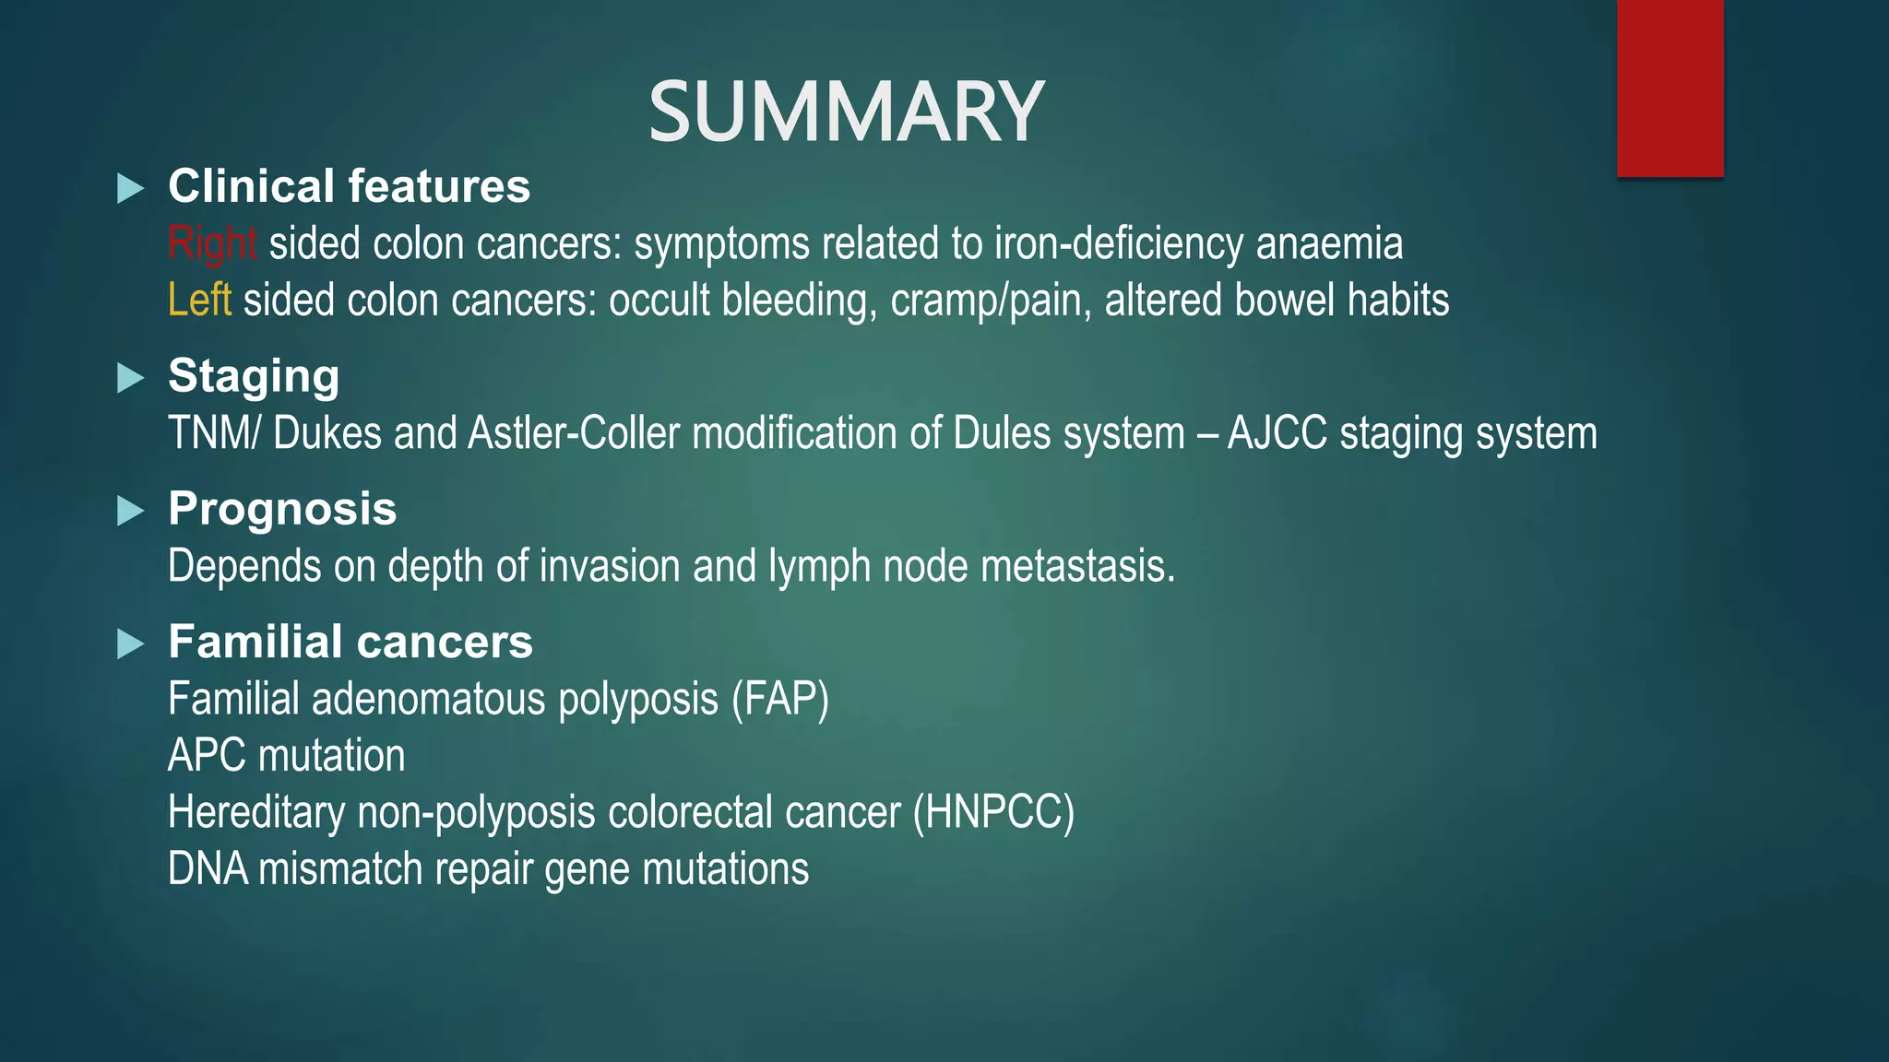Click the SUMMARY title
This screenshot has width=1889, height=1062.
tap(846, 112)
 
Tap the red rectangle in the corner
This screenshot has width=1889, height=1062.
tap(1669, 88)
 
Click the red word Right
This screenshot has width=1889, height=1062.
tap(212, 244)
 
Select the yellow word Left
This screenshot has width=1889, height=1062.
tap(199, 301)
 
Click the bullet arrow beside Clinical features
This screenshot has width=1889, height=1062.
tap(131, 189)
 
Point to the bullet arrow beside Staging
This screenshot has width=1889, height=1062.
tap(131, 378)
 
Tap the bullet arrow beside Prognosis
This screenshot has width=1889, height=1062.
tap(131, 511)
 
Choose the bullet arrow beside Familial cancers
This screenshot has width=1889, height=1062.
tap(131, 643)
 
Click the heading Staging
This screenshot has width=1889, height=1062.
tap(254, 376)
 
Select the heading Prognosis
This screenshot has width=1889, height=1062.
tap(282, 509)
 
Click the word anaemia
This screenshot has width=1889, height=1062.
tap(1329, 244)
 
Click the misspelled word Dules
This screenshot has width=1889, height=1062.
tap(1002, 433)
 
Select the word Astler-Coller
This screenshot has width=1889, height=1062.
tap(574, 433)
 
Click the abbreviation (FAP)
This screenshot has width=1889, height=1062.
tap(780, 699)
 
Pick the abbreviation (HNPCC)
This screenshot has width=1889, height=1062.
tap(993, 813)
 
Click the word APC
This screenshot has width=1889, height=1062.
tap(208, 756)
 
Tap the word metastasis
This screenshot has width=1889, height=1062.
tap(1077, 566)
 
